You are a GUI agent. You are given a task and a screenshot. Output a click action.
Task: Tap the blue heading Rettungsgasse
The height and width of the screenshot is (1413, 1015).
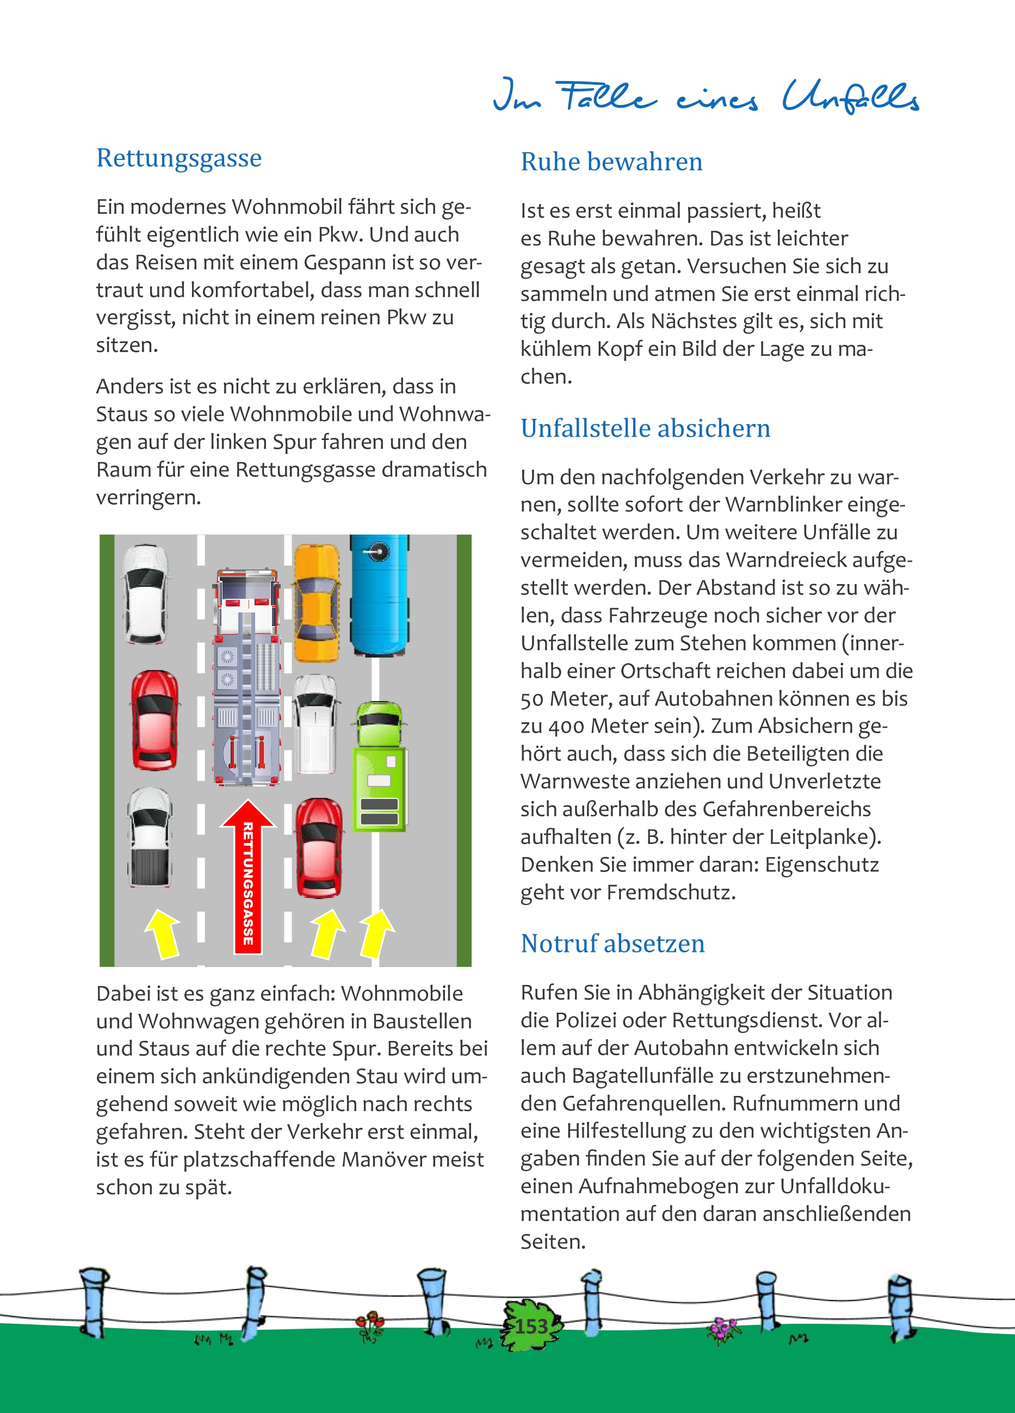pos(179,158)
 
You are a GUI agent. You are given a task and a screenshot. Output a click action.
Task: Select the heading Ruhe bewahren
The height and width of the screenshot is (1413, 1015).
pos(611,162)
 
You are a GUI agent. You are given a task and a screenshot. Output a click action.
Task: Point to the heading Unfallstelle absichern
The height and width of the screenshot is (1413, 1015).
pos(645,429)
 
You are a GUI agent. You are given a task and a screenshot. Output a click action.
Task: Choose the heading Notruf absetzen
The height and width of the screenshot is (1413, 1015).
pos(612,943)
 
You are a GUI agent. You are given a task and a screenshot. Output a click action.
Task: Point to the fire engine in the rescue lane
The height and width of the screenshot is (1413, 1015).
pos(247,676)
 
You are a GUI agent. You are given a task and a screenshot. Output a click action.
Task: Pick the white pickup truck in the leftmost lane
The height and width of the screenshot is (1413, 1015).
pos(150,836)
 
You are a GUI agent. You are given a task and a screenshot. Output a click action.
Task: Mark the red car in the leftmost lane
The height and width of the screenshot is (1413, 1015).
pos(154,720)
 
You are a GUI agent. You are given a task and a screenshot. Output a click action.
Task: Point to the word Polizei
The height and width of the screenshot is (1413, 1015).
pos(590,1020)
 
